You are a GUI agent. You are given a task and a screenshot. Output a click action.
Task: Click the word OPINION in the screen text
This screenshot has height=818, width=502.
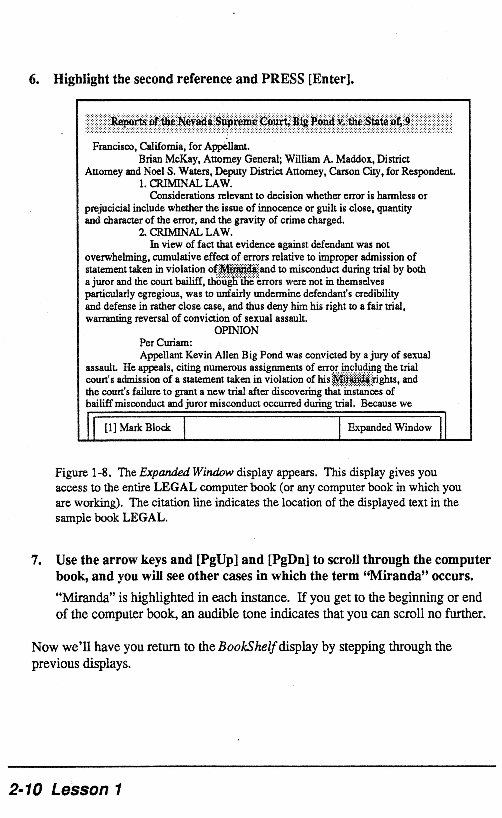point(236,331)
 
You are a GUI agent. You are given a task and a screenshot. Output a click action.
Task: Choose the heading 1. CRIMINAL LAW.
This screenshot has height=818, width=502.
point(185,184)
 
